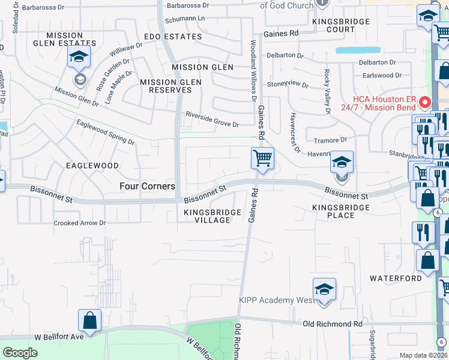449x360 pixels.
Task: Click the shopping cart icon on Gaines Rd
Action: tap(262, 159)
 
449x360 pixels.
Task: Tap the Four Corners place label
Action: tap(147, 186)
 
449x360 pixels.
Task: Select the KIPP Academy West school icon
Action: tap(324, 290)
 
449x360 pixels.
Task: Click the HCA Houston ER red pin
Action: tap(425, 101)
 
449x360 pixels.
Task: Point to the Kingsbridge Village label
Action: tap(212, 216)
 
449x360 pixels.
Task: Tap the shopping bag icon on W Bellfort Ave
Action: tap(90, 321)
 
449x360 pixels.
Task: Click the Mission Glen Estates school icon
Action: tap(79, 58)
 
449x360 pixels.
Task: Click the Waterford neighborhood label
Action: tap(396, 278)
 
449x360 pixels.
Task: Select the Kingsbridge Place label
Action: tap(340, 211)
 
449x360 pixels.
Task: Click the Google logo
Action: tap(20, 353)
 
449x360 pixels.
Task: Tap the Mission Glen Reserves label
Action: tap(166, 86)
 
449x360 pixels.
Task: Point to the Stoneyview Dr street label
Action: tap(288, 85)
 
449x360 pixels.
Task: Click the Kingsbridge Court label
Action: tap(334, 25)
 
